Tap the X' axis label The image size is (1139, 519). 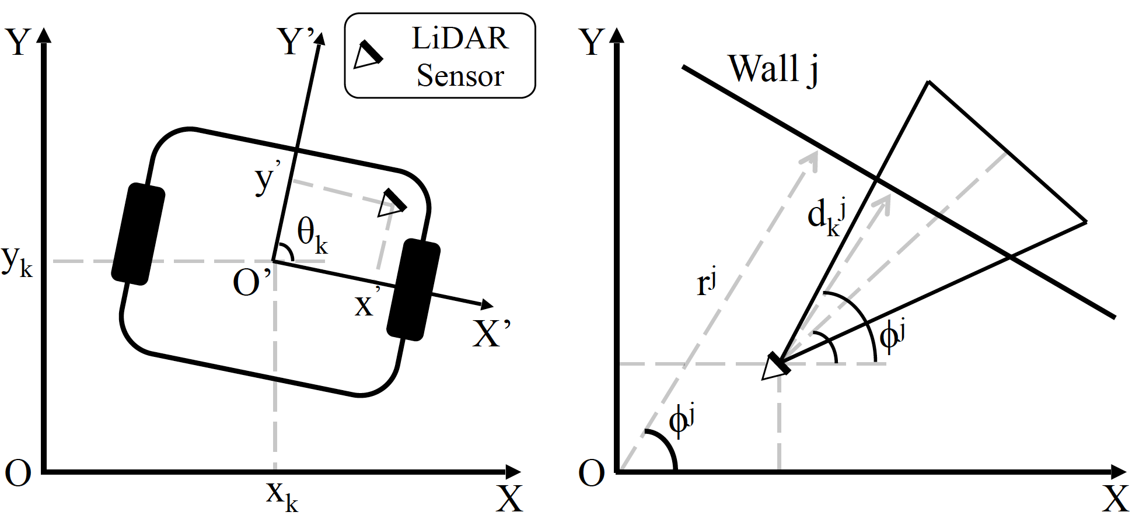[491, 334]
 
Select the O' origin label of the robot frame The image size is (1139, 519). [251, 283]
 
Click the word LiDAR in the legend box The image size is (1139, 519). [460, 38]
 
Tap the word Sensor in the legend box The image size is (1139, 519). [460, 76]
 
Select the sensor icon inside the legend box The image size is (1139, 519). [368, 54]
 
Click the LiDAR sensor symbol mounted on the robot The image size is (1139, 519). [392, 203]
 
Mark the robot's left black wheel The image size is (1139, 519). [138, 234]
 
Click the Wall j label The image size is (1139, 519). [773, 69]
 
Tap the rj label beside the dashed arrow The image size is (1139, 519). [706, 284]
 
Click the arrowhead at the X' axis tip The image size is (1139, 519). [487, 304]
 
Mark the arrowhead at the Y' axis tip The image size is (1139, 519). [319, 40]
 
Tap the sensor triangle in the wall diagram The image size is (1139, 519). [775, 367]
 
